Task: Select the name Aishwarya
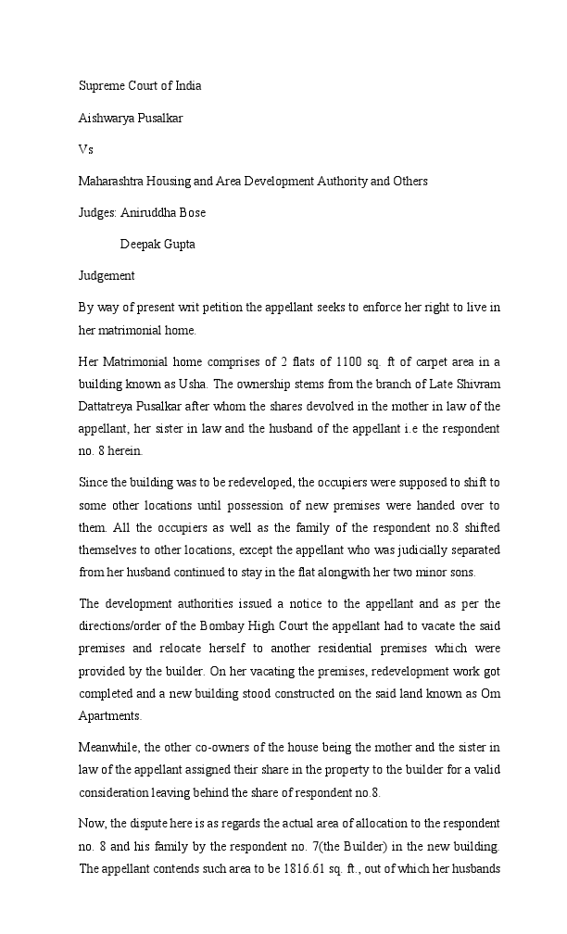pyautogui.click(x=107, y=118)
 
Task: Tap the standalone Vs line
pyautogui.click(x=86, y=149)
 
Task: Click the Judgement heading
pyautogui.click(x=107, y=275)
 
